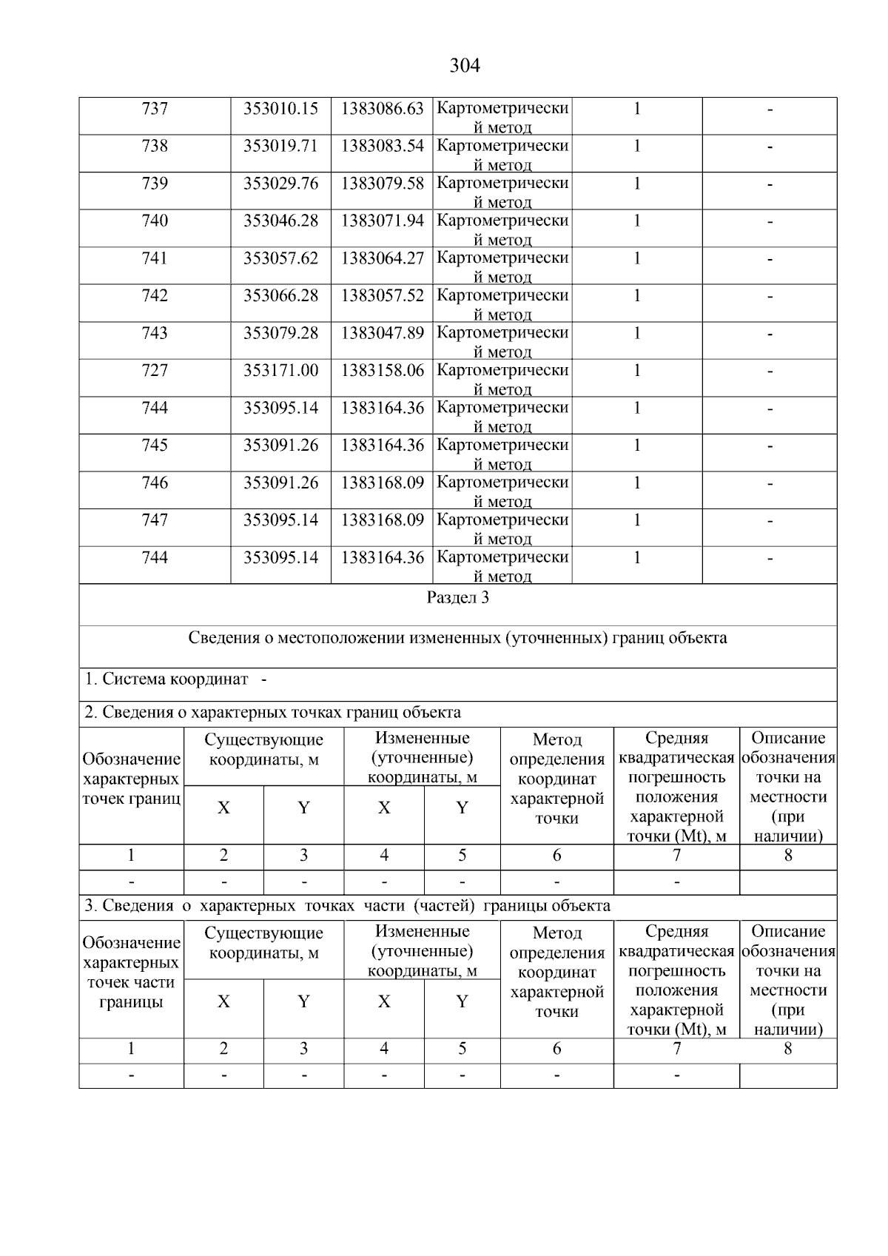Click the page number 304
(465, 66)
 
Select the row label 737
(155, 109)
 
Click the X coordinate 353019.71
(280, 146)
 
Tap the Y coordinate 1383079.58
(382, 183)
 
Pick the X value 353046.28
(280, 221)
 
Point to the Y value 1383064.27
(382, 258)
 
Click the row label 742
(155, 295)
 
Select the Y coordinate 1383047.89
(382, 333)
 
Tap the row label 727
(155, 370)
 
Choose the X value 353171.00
(280, 370)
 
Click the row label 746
(155, 483)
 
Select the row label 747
(155, 520)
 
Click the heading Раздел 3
(457, 598)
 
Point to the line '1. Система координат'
(167, 679)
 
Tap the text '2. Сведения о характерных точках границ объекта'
(272, 713)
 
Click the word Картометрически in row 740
(502, 221)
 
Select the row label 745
(155, 445)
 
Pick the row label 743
(155, 333)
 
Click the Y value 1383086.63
(382, 109)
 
